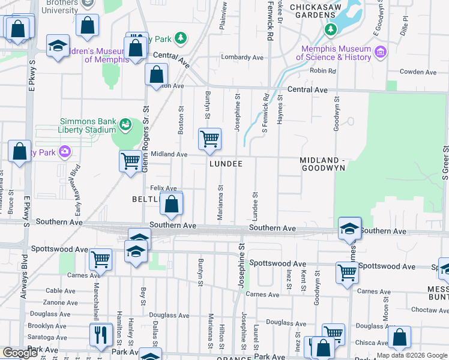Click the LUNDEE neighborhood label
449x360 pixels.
(x=226, y=164)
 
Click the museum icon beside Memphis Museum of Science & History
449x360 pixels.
(x=379, y=53)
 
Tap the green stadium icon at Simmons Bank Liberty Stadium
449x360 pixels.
(x=125, y=125)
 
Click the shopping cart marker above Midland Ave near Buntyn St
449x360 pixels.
(x=209, y=139)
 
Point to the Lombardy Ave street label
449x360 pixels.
(x=243, y=58)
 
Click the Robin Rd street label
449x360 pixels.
(x=322, y=71)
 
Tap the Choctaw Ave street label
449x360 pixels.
(x=427, y=311)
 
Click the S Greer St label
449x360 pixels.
(x=445, y=162)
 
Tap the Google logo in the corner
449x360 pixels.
(x=20, y=353)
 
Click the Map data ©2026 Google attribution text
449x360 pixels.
(x=412, y=355)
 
